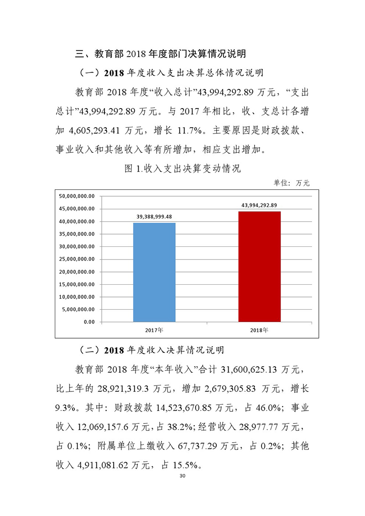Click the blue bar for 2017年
(154, 272)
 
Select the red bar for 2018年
(259, 266)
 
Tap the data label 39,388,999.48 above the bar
(154, 217)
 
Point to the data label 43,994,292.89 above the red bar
(259, 205)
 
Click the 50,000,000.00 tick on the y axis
(77, 196)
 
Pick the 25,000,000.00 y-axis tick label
(77, 259)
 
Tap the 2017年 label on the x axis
(154, 329)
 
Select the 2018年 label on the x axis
(259, 329)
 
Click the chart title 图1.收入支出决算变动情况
(182, 169)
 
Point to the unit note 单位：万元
(292, 183)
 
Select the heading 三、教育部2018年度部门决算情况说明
(161, 54)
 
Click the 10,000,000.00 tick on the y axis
(77, 297)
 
